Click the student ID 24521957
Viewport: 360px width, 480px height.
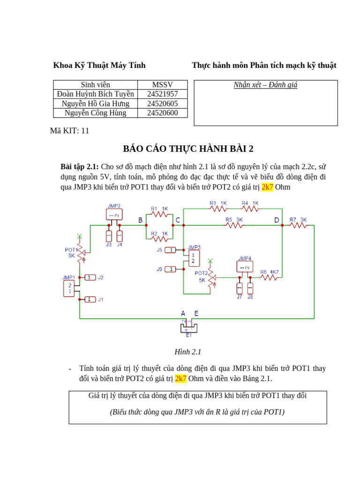coord(162,94)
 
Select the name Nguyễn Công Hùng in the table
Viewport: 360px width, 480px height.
coord(95,113)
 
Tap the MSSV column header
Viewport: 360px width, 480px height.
coord(162,85)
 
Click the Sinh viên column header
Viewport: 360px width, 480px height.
coord(95,85)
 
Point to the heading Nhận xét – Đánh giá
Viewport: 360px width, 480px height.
coord(265,85)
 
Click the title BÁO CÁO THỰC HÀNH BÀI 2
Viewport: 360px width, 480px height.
coord(188,149)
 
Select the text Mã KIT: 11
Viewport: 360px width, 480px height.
coord(69,131)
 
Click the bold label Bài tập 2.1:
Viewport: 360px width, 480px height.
coord(80,167)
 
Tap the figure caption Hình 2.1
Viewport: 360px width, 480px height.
coord(187,352)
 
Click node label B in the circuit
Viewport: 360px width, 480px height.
coord(141,220)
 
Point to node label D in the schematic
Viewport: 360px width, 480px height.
coord(277,220)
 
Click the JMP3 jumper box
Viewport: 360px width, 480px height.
coord(194,258)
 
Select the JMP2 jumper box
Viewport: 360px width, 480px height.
coord(114,215)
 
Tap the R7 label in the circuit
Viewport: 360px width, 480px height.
coord(292,219)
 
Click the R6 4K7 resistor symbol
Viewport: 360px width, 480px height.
coord(269,277)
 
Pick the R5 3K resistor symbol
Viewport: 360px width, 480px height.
coord(234,225)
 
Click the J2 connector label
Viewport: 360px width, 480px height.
coord(101,277)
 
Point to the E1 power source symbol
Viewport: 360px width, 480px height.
coord(188,327)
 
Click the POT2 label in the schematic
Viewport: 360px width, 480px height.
coord(201,273)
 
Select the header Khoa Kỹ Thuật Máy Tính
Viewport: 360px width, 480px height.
coord(99,66)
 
